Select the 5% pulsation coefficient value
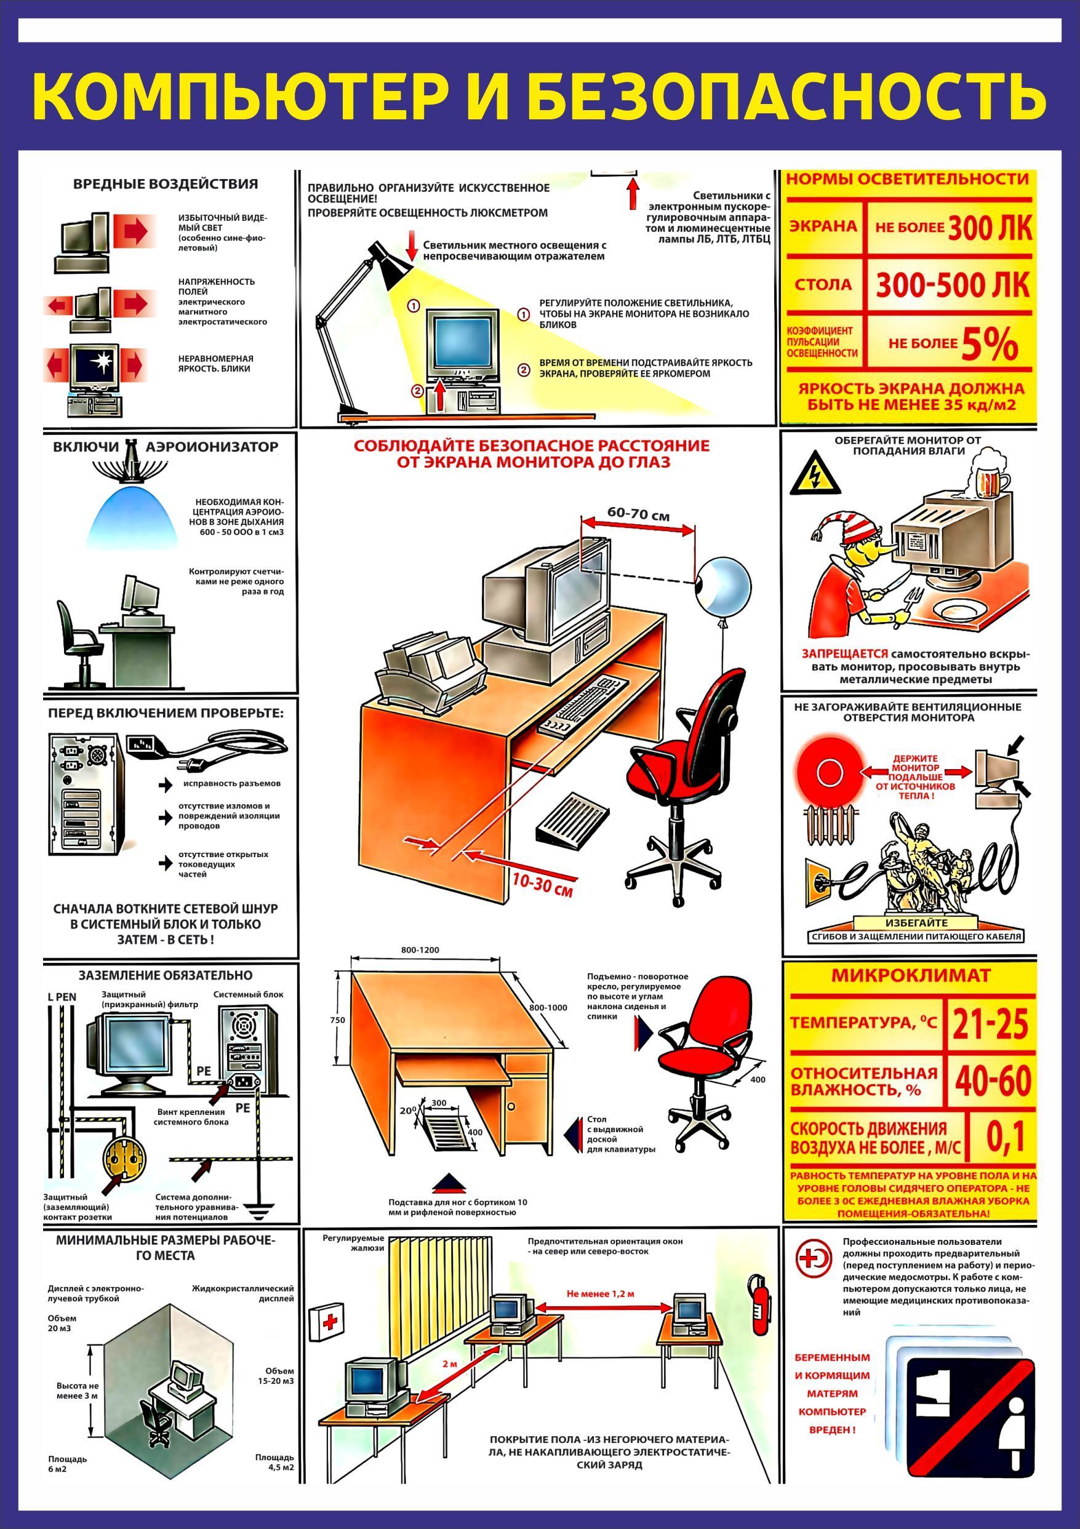tap(990, 345)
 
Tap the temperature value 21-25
tap(990, 1024)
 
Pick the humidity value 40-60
tap(992, 1080)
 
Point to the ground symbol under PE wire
tap(257, 1207)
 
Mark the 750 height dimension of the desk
tap(338, 1020)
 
